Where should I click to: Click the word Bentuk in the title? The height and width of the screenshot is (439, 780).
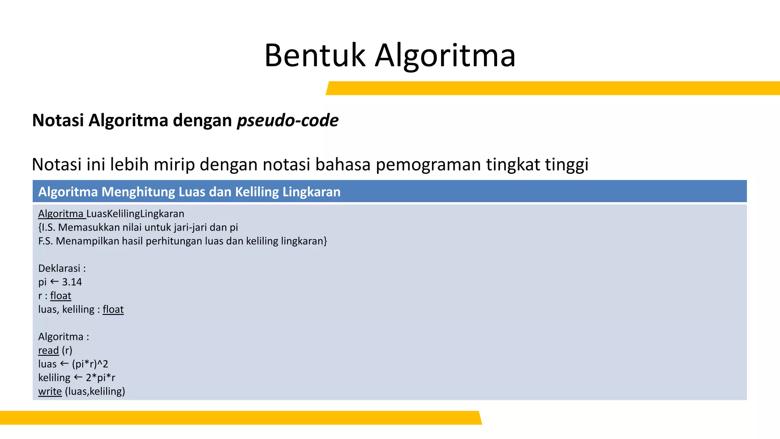coord(315,56)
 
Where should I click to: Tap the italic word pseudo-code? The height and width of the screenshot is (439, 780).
coord(288,120)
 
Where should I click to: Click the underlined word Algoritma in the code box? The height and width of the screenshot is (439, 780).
coord(61,214)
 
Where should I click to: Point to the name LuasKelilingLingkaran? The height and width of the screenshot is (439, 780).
coord(135,214)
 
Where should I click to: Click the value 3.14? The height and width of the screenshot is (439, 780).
coord(72,282)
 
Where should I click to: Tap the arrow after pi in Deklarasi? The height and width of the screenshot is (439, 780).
coord(54,282)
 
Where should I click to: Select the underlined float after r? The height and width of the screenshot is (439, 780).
coord(61,296)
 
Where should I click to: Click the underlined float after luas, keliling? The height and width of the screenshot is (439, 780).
coord(113,309)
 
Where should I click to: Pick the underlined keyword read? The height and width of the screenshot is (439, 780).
coord(48,350)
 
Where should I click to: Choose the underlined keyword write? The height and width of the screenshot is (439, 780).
coord(50,391)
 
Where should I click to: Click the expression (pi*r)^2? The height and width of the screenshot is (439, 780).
coord(90,364)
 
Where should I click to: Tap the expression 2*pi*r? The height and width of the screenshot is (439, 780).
coord(101,378)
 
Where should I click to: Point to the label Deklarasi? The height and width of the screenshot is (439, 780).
coord(59,268)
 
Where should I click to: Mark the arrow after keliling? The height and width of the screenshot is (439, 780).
coord(78,377)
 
